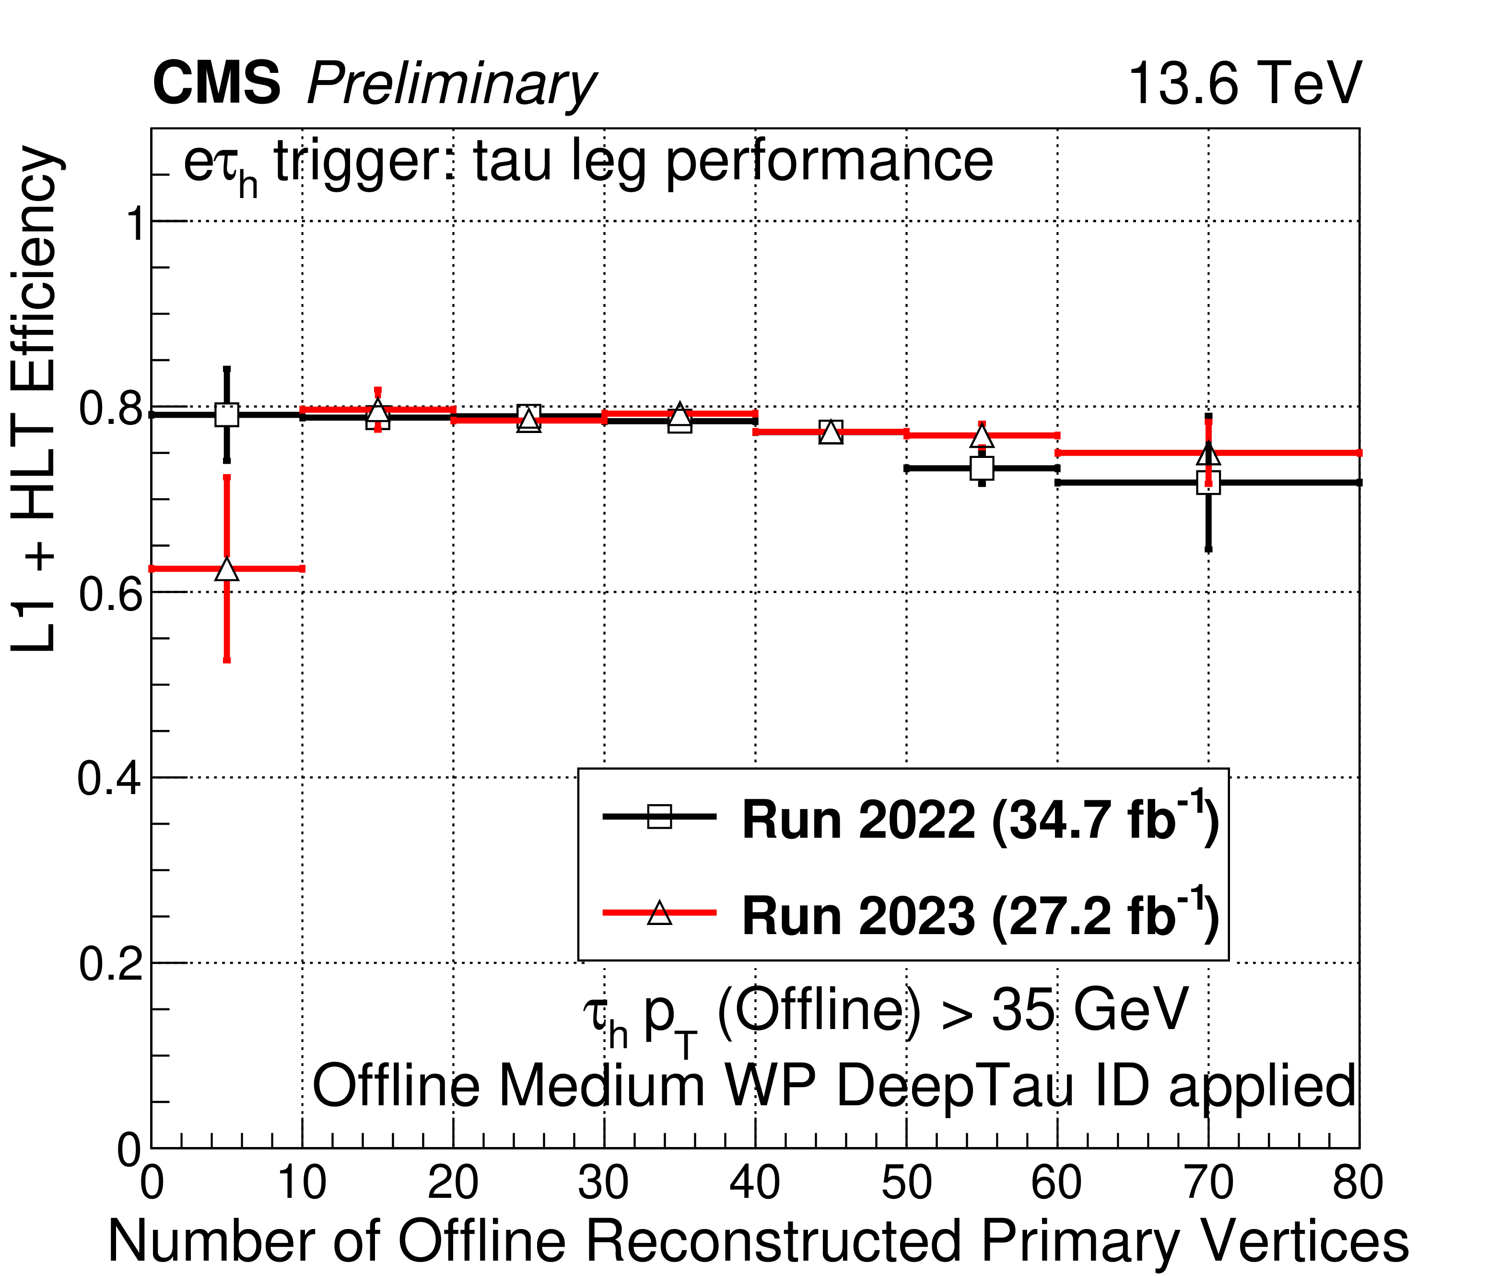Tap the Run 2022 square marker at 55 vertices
[x=982, y=468]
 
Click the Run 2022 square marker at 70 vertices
[x=1208, y=482]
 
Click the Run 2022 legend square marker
[x=659, y=816]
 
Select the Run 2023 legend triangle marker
[x=659, y=913]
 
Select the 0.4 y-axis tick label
[x=109, y=779]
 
